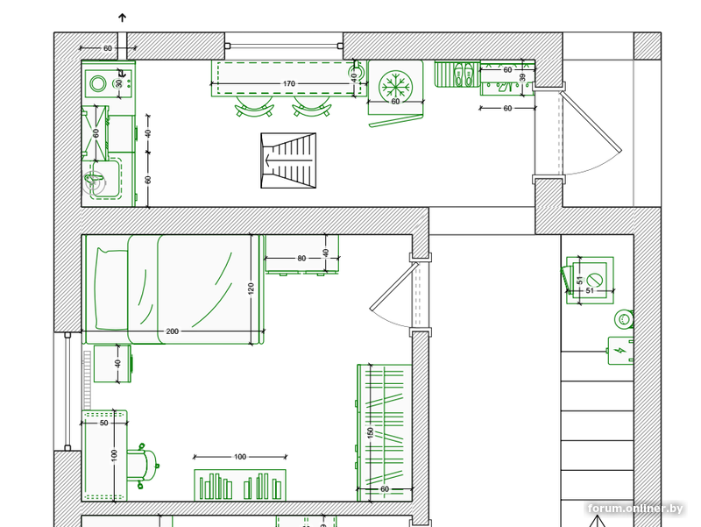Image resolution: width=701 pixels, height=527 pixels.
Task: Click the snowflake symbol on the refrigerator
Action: click(x=395, y=85)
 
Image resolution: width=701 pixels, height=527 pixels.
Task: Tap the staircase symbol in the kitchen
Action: click(x=288, y=160)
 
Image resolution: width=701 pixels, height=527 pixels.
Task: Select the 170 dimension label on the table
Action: click(x=289, y=83)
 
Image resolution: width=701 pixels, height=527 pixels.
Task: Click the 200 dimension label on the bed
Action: click(x=172, y=331)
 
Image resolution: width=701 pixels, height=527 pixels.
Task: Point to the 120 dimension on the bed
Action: click(x=251, y=288)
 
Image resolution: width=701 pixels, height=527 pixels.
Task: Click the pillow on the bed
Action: click(x=112, y=289)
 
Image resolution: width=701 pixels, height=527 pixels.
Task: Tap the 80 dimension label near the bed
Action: click(x=301, y=258)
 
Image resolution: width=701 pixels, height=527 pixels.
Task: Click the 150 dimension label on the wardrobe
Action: click(x=370, y=433)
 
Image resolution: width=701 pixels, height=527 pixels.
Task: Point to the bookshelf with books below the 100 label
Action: click(x=240, y=486)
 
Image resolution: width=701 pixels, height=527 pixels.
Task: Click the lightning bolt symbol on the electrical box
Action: click(x=620, y=351)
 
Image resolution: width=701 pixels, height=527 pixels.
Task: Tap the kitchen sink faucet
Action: click(x=94, y=182)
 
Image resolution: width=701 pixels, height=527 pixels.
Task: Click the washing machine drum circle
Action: click(x=98, y=83)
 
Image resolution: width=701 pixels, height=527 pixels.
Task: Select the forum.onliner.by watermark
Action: click(x=635, y=509)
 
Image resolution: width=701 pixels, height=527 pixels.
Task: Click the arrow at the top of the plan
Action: click(x=122, y=18)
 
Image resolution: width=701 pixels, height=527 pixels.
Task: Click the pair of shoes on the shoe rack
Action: click(x=464, y=75)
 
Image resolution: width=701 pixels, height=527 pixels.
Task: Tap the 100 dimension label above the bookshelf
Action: click(x=240, y=457)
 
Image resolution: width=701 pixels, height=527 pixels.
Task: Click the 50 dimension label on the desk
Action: click(x=103, y=423)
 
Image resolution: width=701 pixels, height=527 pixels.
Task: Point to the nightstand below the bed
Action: click(x=112, y=364)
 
